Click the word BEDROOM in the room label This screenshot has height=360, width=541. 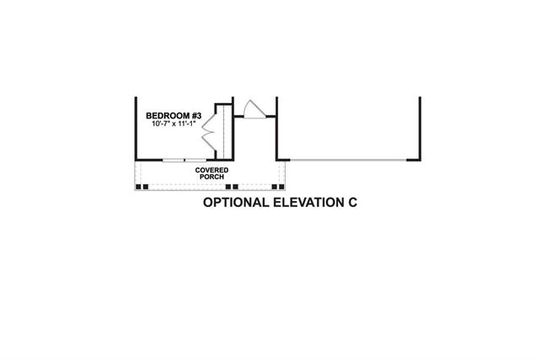[x=167, y=116]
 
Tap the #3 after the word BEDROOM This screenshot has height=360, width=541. [x=197, y=116]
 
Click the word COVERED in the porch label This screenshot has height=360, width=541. [x=211, y=171]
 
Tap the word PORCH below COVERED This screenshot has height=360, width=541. [x=212, y=177]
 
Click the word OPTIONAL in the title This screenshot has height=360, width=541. [x=236, y=203]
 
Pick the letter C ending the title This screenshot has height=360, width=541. [x=352, y=203]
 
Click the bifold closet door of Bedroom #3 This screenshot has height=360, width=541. [x=209, y=132]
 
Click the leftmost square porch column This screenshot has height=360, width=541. [x=139, y=187]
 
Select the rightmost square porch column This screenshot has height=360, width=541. [x=281, y=187]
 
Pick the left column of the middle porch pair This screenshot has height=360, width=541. [x=228, y=187]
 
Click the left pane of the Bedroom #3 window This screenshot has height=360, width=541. [x=173, y=160]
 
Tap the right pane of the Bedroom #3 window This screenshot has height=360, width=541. [x=195, y=160]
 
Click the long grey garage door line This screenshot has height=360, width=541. [x=348, y=160]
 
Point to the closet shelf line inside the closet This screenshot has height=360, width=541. [x=224, y=132]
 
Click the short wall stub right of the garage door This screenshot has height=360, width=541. [x=413, y=160]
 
